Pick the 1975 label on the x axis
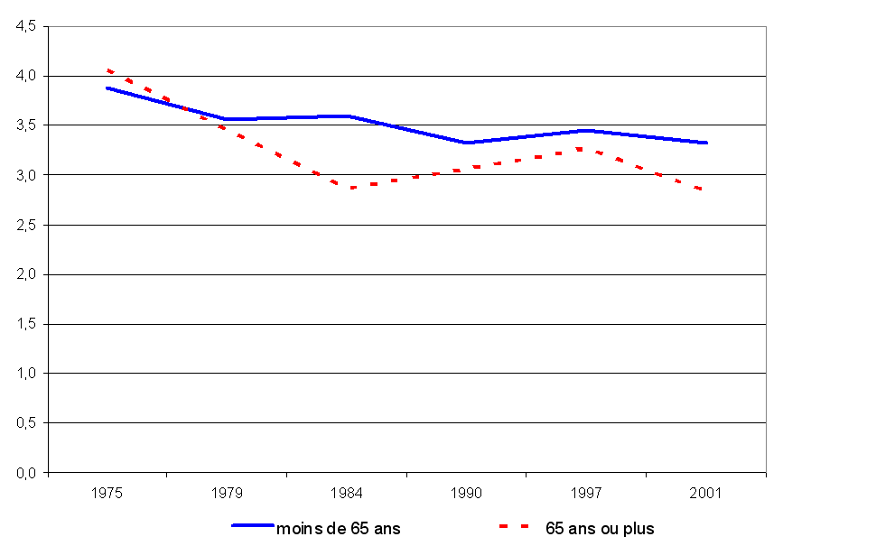(107, 494)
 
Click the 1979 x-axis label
(228, 494)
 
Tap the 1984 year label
(347, 494)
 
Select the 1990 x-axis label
(467, 494)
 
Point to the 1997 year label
(586, 494)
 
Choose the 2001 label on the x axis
(706, 494)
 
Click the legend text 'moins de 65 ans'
(338, 529)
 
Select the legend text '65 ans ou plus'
(600, 529)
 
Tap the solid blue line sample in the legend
(254, 525)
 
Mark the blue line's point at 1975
(107, 88)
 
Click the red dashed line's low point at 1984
(347, 188)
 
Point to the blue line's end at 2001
(706, 143)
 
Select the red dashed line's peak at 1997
(586, 149)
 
